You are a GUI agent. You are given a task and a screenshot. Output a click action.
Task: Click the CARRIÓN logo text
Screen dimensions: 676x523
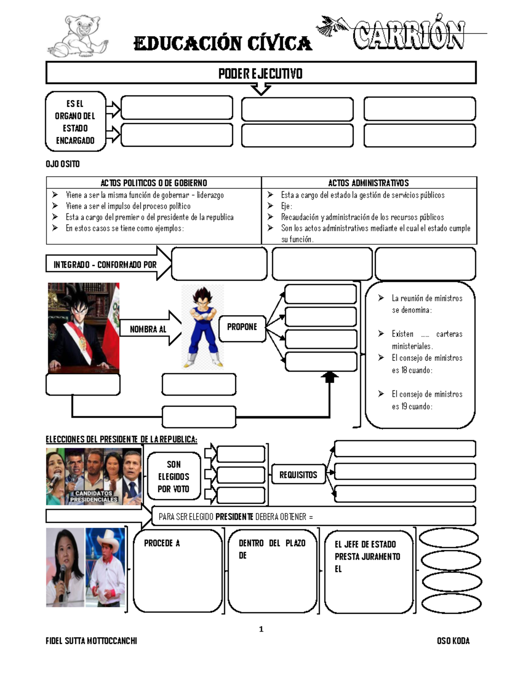click(408, 36)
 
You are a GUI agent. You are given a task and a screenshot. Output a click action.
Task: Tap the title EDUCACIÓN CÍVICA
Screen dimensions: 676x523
click(223, 44)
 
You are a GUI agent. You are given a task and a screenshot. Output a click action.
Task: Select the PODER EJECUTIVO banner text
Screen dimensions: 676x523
click(261, 74)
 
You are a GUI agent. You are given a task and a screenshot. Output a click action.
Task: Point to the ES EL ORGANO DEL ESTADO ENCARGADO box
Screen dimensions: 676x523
click(75, 122)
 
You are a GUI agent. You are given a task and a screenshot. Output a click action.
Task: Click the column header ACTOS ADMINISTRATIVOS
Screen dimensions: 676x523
click(368, 183)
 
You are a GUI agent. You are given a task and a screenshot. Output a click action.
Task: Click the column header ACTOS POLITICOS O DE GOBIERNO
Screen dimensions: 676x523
click(153, 183)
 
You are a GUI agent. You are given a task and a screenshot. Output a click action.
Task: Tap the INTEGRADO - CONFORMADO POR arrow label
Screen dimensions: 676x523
click(105, 265)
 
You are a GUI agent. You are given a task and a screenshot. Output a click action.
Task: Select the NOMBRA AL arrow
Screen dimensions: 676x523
click(150, 329)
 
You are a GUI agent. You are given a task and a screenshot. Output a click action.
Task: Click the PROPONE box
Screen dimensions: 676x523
click(242, 327)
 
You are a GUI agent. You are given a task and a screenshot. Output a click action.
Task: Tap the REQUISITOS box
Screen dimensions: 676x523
click(298, 475)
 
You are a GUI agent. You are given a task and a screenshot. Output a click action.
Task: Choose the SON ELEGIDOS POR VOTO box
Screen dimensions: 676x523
click(173, 477)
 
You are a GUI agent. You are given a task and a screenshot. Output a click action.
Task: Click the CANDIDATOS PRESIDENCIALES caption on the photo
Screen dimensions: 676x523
click(94, 497)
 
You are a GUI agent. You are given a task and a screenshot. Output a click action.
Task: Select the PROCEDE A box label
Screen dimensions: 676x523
click(162, 543)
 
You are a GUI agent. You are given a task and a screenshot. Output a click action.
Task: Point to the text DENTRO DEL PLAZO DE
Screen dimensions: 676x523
click(271, 549)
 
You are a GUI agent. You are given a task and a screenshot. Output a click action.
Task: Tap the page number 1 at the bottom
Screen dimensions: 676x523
click(261, 629)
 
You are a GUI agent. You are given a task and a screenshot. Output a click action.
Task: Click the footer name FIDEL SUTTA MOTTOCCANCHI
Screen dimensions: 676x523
click(92, 641)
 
